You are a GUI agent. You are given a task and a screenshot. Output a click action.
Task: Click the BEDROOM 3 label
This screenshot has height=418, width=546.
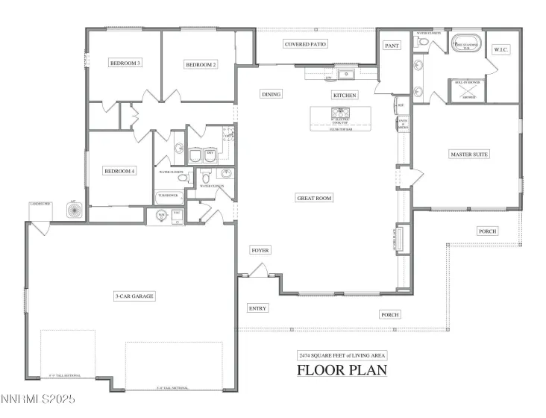point(125,63)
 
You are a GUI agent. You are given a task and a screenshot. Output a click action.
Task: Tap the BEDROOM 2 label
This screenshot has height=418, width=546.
point(201,65)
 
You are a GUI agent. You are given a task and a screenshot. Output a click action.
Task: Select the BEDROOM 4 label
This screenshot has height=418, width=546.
point(119,171)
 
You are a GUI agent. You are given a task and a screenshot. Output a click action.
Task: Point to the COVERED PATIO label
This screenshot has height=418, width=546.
point(306,45)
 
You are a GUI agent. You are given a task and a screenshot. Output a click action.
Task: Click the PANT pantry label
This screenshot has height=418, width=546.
point(392,46)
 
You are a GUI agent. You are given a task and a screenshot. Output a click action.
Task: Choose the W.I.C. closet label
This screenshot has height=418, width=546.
point(501,50)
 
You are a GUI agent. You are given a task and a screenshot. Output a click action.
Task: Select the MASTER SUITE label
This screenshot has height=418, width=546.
point(469,155)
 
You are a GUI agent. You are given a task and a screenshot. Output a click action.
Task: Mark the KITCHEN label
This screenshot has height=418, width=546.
point(345,96)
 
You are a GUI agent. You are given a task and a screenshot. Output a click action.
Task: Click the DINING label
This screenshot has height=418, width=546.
point(271,95)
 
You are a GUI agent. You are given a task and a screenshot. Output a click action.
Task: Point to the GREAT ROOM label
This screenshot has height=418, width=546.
point(314,198)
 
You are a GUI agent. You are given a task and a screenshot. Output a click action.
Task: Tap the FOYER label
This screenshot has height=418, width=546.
point(260,251)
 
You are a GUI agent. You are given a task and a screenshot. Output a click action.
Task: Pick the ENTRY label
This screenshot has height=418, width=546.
point(257,308)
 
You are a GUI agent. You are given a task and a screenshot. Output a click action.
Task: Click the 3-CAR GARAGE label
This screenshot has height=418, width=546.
point(134,296)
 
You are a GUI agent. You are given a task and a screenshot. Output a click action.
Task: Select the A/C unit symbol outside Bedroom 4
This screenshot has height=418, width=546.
point(74,210)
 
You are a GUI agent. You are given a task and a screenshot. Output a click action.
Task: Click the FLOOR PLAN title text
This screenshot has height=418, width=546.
point(342,370)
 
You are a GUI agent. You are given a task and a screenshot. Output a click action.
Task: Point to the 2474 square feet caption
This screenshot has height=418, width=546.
point(342,355)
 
